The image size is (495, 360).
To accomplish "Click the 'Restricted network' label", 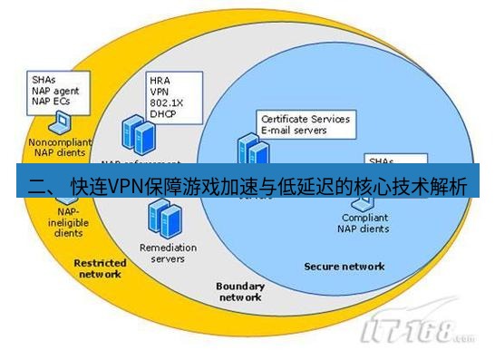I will click(100, 268).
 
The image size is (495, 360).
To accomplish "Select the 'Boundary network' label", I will click(240, 291).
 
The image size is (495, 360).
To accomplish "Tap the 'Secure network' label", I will click(344, 267).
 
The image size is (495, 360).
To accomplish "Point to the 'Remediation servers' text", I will click(162, 252).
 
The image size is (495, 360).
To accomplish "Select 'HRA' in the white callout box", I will click(160, 80).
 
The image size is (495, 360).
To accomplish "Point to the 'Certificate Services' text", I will click(305, 119).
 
